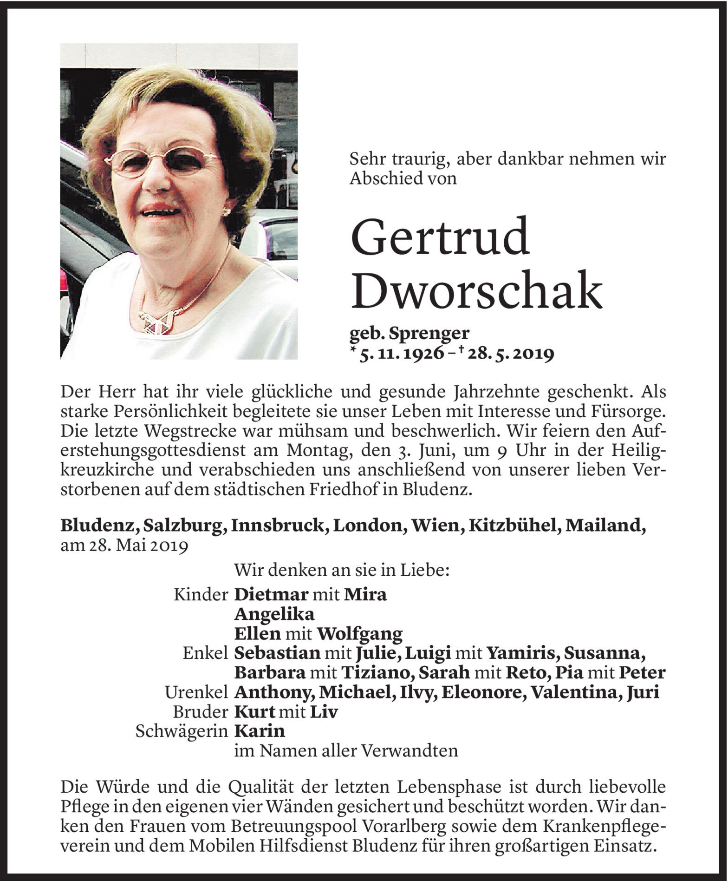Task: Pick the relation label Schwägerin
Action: (x=182, y=731)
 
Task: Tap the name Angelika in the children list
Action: (x=274, y=614)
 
